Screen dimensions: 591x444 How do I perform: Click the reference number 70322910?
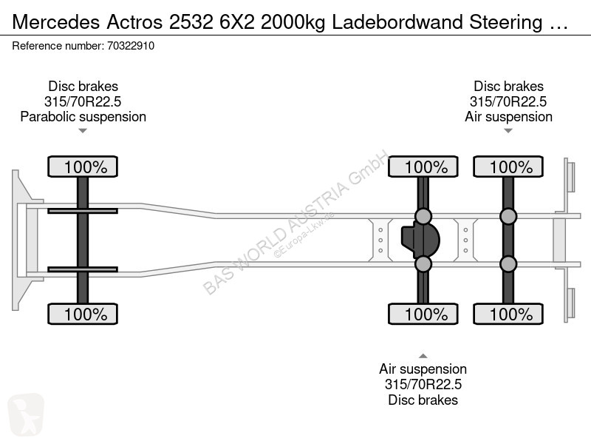coord(131,46)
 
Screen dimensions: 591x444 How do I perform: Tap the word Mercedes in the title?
coord(56,22)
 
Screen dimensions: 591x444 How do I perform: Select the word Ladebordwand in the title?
coord(397,22)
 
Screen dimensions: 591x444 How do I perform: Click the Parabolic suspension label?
coord(83,117)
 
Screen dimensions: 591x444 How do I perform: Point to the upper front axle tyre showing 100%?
coord(83,166)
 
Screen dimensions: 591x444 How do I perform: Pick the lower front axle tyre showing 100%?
coord(83,314)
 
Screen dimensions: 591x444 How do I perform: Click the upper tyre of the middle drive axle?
coord(423,166)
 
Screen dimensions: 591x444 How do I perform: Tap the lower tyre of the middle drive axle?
coord(423,314)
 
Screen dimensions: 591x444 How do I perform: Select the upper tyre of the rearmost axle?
coord(508,166)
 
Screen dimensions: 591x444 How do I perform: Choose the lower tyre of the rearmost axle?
coord(508,314)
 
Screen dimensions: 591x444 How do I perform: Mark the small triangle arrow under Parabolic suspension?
coord(83,131)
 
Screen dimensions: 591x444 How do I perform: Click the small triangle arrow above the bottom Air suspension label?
coord(423,356)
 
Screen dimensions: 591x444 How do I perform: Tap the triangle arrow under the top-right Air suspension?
coord(508,131)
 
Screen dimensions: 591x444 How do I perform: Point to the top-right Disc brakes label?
coord(508,87)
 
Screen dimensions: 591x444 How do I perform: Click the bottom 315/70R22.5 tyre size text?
coord(423,384)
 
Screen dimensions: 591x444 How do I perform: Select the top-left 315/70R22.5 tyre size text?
coord(83,101)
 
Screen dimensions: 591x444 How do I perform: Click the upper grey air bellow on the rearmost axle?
coord(508,217)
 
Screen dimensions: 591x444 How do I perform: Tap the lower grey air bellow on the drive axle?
coord(423,263)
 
